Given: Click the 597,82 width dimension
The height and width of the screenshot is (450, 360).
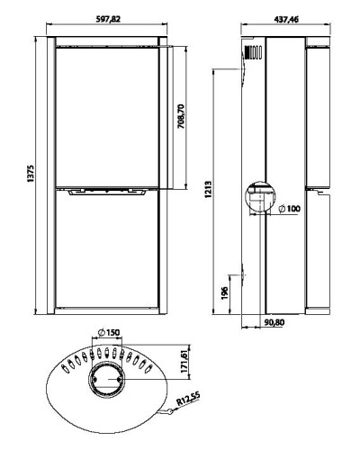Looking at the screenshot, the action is pos(108,19).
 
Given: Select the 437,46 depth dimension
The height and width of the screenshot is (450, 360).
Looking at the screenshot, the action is pos(286,19).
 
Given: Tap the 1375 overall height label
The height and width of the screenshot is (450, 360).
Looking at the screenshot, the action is pos(31,174).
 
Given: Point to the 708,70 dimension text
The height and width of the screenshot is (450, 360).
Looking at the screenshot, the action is pos(181,116).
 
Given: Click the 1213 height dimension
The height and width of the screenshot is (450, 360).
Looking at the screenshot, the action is pos(209,189).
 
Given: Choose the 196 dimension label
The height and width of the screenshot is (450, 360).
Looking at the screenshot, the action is pos(225,293).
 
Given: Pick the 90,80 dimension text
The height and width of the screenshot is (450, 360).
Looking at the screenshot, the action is pos(274,322).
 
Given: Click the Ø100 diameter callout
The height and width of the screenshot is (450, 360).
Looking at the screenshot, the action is pos(290,209).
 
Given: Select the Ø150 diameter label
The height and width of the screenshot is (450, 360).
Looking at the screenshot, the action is pos(109,332).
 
